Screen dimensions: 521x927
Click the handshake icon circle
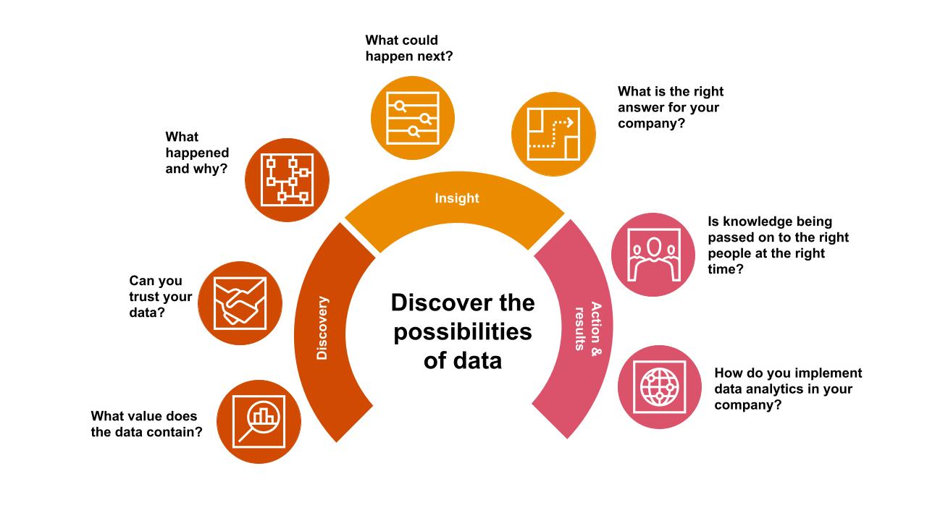(240, 303)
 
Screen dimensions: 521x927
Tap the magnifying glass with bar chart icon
(259, 421)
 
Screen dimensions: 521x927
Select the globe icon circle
(659, 386)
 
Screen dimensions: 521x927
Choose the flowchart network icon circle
(288, 179)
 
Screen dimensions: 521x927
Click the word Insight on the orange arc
(457, 198)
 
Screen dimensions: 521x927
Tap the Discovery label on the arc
(323, 328)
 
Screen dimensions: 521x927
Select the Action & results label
(587, 326)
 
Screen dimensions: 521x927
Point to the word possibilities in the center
(463, 331)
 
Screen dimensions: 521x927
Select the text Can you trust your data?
(160, 297)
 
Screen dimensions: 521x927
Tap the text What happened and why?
(197, 153)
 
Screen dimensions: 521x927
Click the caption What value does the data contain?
(146, 424)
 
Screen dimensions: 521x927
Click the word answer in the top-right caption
(641, 108)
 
